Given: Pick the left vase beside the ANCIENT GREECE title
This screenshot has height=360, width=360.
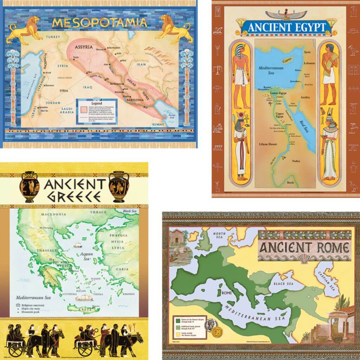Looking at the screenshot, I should click(x=30, y=187).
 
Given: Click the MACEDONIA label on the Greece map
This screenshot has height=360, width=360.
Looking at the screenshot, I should click(x=53, y=214).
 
